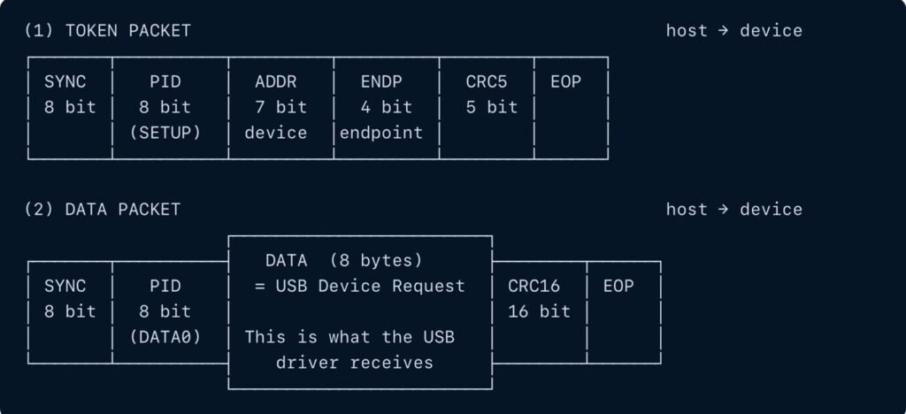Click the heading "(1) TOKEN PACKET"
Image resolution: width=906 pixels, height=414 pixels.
pyautogui.click(x=107, y=31)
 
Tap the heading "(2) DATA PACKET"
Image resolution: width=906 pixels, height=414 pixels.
pyautogui.click(x=103, y=209)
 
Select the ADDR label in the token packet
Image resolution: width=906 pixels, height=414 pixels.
pyautogui.click(x=276, y=82)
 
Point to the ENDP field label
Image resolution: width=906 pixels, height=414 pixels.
pyautogui.click(x=380, y=82)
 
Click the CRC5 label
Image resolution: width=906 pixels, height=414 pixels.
pyautogui.click(x=487, y=82)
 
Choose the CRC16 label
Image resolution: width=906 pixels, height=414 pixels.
pyautogui.click(x=534, y=286)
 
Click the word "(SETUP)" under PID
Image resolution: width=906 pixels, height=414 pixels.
pyautogui.click(x=165, y=133)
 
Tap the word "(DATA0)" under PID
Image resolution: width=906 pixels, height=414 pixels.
pyautogui.click(x=165, y=337)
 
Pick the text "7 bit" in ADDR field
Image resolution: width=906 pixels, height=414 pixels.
pyautogui.click(x=280, y=107)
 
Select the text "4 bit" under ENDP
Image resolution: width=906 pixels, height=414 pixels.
pyautogui.click(x=386, y=107)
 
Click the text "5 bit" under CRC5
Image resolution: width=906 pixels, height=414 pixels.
pyautogui.click(x=492, y=107)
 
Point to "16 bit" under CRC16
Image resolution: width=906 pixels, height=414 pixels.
pyautogui.click(x=539, y=311)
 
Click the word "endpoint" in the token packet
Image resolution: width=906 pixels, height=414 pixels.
pyautogui.click(x=380, y=134)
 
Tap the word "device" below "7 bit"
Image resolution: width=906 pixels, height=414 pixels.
pyautogui.click(x=276, y=133)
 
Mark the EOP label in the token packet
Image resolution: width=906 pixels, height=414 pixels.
pyautogui.click(x=565, y=82)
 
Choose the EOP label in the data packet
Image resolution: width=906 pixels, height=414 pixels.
pyautogui.click(x=618, y=286)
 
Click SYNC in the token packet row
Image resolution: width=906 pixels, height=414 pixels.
pyautogui.click(x=65, y=82)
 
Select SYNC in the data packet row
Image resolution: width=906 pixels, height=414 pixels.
pyautogui.click(x=65, y=286)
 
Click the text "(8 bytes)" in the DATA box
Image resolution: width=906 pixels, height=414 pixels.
pyautogui.click(x=375, y=261)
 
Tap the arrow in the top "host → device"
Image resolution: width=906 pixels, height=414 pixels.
pyautogui.click(x=724, y=31)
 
